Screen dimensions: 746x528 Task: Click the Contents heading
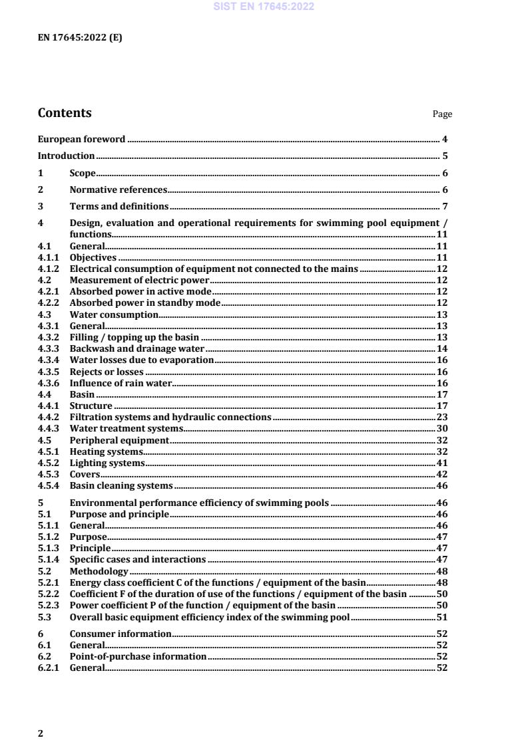pos(65,113)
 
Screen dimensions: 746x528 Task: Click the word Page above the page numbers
pos(442,114)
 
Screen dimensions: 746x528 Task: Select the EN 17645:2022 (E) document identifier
pos(79,38)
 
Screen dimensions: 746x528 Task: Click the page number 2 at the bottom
pos(41,733)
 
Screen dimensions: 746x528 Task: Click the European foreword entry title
pos(81,139)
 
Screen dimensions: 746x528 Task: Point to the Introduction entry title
pos(66,156)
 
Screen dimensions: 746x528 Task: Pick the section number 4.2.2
pos(49,303)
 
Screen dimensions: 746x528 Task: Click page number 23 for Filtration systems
pos(441,417)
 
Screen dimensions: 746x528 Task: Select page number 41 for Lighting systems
pos(441,463)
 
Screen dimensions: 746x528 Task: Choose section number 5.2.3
pos(49,606)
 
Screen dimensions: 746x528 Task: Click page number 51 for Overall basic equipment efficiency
pos(441,618)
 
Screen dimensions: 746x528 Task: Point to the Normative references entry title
pos(118,189)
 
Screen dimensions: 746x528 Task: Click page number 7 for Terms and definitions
pos(444,206)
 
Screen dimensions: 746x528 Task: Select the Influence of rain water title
pos(121,383)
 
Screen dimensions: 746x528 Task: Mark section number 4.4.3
pos(49,428)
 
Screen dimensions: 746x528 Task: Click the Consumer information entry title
pos(121,634)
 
